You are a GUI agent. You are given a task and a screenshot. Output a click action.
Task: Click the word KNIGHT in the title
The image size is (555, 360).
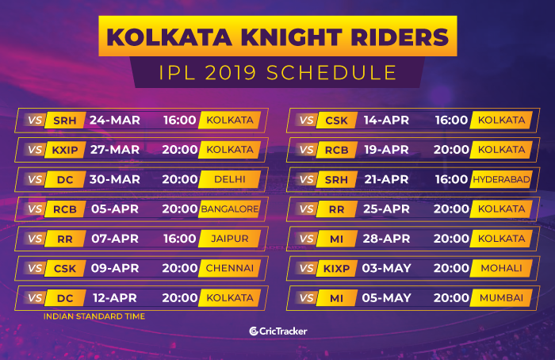point(292,36)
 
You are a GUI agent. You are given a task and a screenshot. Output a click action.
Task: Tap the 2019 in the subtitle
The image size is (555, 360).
point(231,73)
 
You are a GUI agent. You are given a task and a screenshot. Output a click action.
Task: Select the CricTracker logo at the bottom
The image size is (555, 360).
point(277,331)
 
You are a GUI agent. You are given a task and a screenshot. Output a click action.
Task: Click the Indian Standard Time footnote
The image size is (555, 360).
point(94,316)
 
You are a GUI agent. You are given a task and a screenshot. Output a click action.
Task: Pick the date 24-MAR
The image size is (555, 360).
point(115,120)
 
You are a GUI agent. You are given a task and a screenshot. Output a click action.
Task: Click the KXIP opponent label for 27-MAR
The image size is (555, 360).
point(65,150)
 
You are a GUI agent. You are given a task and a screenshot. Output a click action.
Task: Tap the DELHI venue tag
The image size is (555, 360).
point(230,179)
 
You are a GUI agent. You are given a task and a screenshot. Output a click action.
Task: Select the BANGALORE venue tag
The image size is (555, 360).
point(230,209)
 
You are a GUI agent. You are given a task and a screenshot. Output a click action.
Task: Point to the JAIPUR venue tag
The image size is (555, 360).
point(230,239)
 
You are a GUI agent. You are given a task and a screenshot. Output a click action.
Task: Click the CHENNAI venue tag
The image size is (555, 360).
point(230,268)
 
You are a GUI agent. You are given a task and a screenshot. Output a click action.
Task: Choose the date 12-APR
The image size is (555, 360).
point(115,297)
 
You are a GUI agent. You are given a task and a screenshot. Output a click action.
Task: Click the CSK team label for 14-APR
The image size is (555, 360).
point(336,121)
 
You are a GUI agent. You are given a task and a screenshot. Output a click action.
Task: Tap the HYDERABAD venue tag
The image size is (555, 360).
point(501,179)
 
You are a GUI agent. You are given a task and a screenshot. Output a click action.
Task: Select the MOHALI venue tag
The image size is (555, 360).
point(501,268)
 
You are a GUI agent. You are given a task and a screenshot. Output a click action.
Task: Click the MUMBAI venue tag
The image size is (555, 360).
point(501,297)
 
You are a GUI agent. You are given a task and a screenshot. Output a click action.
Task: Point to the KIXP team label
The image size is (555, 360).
point(336,268)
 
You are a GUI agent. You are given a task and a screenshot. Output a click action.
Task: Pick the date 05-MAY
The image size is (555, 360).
point(386,297)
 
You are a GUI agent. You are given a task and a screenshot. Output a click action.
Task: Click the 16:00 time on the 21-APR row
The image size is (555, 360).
point(451,179)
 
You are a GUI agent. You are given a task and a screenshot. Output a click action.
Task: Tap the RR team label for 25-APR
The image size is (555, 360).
point(336,209)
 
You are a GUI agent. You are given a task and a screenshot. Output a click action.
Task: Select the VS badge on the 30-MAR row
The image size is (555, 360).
point(35,179)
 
